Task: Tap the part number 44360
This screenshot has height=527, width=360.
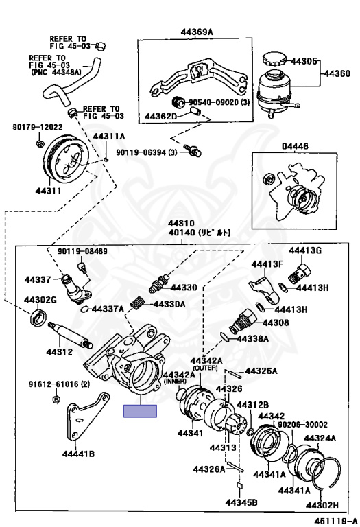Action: [x=337, y=72]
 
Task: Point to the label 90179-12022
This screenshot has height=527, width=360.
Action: [x=37, y=127]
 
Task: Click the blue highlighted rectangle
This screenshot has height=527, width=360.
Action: [x=140, y=411]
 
